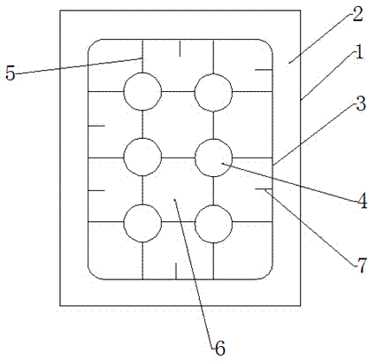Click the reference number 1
(359, 54)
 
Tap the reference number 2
(357, 14)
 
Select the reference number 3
(361, 104)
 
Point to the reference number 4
(362, 202)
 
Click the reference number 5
(11, 73)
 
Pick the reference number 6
(220, 349)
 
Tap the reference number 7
(362, 265)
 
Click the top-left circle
(142, 92)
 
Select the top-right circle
(213, 92)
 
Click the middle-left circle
(142, 157)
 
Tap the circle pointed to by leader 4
(213, 157)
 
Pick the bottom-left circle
(142, 223)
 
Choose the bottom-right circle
(213, 224)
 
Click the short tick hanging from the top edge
(180, 48)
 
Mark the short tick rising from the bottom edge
(176, 271)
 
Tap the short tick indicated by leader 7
(264, 188)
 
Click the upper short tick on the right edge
(264, 70)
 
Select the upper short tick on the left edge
(96, 126)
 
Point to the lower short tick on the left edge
(96, 190)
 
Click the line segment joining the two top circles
(178, 92)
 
